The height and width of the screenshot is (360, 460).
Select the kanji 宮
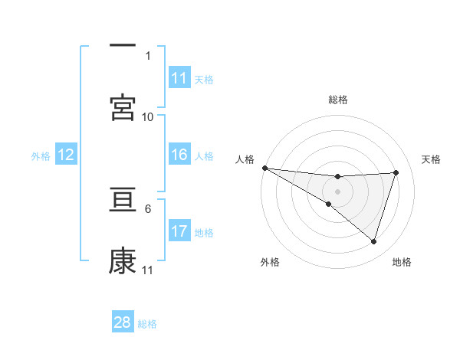tap(123, 108)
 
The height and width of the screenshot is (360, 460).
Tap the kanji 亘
tap(123, 200)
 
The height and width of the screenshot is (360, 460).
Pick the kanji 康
tap(123, 261)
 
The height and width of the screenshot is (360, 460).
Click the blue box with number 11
tap(179, 78)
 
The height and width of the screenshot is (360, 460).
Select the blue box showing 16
tap(179, 155)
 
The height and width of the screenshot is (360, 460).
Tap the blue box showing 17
tap(179, 231)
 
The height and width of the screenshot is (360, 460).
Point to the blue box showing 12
tap(66, 155)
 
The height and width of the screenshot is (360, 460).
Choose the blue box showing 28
tap(123, 322)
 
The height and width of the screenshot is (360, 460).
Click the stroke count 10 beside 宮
tap(148, 116)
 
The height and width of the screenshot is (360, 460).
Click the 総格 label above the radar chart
tap(338, 100)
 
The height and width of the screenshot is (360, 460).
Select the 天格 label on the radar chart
tap(432, 159)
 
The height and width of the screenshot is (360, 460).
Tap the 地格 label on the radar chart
tap(402, 263)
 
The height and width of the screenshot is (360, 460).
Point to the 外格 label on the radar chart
tap(270, 263)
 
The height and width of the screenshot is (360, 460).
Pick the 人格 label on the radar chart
tap(245, 159)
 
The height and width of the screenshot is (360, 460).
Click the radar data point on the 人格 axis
tap(264, 168)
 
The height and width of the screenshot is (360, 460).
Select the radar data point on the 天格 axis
tap(396, 172)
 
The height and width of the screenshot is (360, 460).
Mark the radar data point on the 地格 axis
tap(374, 241)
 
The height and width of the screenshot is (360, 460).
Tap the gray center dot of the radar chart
tap(337, 191)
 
